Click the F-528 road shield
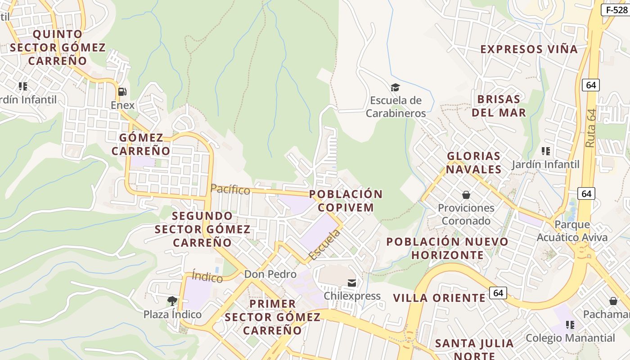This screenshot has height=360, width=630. coord(615,10)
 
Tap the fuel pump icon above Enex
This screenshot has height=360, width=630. coord(122,92)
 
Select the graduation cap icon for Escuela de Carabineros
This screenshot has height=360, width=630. coord(395,87)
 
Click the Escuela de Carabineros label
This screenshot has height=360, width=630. coord(396,107)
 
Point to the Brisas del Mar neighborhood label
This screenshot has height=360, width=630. coord(499,106)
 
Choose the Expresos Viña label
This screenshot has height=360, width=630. coord(529,49)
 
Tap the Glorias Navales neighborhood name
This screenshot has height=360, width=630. coord(474,162)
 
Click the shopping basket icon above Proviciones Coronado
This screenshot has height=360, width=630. coord(466,195)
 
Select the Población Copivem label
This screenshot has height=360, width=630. coord(346,201)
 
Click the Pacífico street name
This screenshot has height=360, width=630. coord(230,189)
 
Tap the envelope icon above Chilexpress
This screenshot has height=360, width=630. coord(352,283)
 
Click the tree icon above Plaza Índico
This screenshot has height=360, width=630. coord(172,301)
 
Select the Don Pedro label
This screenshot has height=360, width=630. coord(270,274)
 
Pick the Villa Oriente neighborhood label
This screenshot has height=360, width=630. coord(439,298)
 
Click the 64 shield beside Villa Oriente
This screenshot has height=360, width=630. coord(498,293)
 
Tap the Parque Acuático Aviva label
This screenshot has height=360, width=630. coord(572,231)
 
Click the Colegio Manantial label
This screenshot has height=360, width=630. coord(570,337)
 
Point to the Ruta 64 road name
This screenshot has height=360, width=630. coord(591,128)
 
